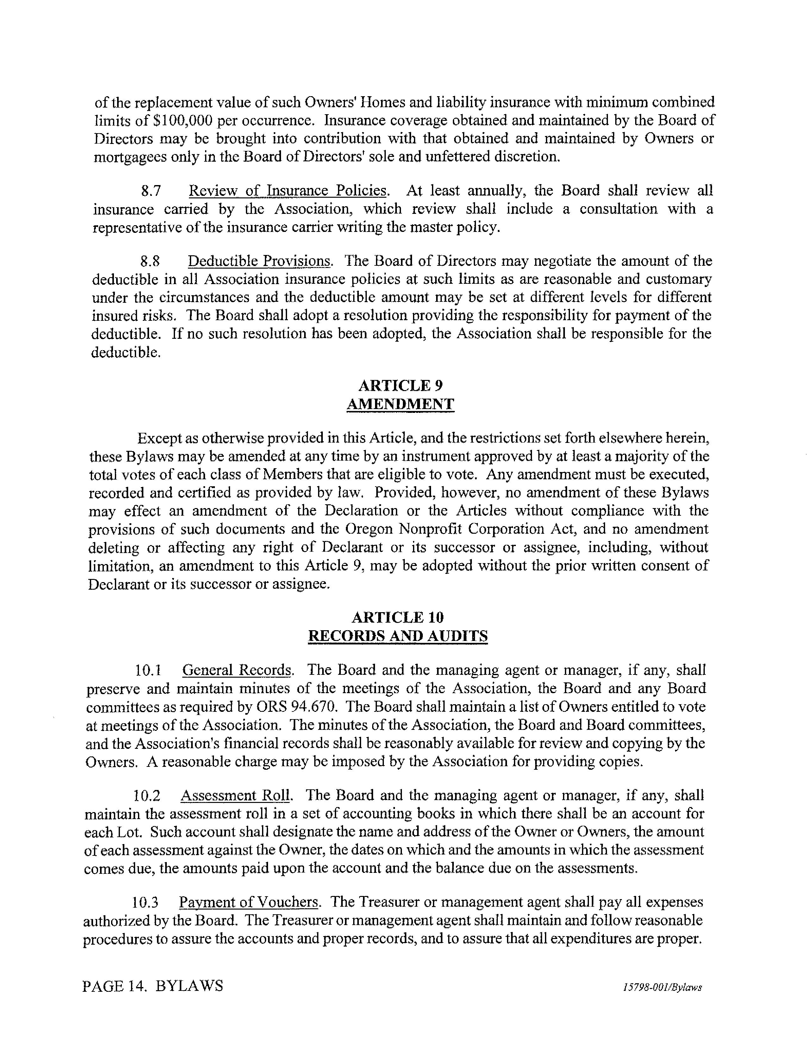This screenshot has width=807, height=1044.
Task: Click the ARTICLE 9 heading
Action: coord(401,385)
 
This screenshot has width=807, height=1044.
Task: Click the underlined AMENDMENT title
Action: coord(400,404)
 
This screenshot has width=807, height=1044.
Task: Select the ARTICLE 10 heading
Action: coord(398,617)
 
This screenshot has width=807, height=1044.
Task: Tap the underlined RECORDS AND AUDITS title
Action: coord(398,636)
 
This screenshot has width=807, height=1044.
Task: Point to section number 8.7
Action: coord(151,191)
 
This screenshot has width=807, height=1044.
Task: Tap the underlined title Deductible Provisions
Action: coord(259,261)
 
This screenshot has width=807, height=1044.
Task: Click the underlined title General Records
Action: coord(237,670)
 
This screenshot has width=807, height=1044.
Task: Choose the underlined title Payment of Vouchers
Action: coord(248,902)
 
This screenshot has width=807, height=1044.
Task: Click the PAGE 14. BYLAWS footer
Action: coord(153,986)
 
